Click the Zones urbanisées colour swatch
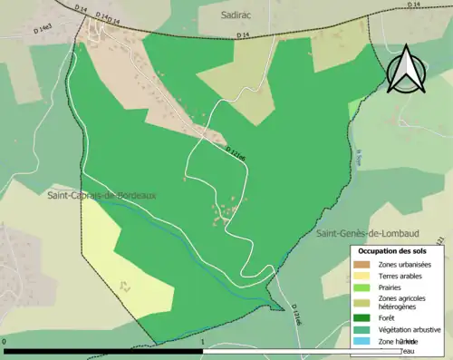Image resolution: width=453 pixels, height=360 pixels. [361, 265]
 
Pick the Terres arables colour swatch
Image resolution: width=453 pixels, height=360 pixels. [361, 277]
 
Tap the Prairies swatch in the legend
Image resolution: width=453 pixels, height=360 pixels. [361, 289]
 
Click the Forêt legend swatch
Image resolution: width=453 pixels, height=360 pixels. [361, 317]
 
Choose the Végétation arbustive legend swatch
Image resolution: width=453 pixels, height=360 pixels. [361, 329]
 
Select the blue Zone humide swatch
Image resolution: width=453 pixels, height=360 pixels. [361, 341]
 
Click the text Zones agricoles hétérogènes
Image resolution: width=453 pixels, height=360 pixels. [406, 303]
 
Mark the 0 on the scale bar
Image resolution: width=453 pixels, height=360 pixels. [5, 342]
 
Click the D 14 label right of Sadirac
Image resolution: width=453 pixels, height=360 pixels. [242, 35]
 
